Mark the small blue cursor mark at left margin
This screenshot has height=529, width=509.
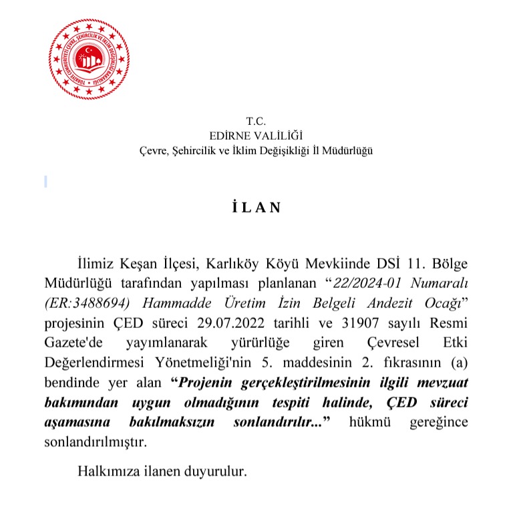(x=45, y=180)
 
